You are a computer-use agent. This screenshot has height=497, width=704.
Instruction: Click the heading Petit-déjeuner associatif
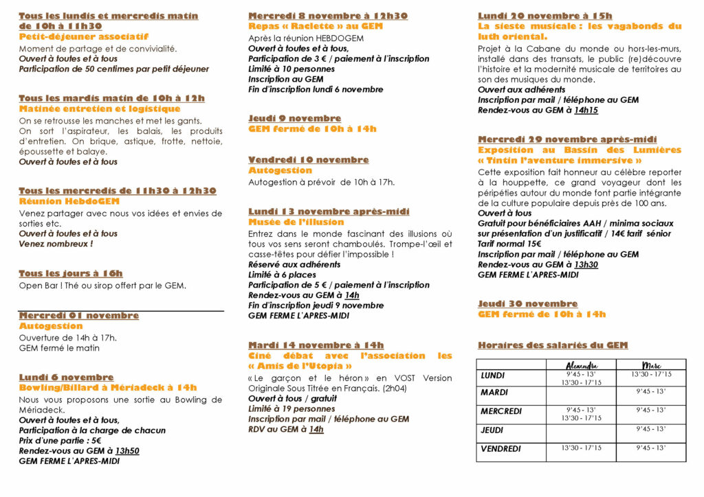click(83, 37)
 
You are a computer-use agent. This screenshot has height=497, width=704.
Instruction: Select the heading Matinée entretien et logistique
click(100, 109)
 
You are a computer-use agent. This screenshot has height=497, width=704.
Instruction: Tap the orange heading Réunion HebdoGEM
click(69, 202)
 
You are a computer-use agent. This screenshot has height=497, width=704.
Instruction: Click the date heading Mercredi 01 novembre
click(78, 316)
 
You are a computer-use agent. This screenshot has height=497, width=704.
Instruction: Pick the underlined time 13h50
click(127, 451)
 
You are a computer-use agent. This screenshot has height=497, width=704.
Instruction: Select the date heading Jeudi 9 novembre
click(294, 119)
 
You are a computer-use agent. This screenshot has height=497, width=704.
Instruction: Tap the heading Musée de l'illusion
click(296, 222)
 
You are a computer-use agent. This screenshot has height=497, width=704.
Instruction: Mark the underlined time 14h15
click(586, 111)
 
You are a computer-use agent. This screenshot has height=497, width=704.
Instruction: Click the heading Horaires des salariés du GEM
click(553, 345)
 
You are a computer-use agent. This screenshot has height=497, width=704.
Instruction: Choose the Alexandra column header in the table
click(582, 365)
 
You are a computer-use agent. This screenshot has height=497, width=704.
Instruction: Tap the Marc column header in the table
click(651, 365)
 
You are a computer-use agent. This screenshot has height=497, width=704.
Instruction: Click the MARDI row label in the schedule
click(495, 393)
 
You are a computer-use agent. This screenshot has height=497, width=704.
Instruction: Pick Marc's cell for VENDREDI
click(651, 448)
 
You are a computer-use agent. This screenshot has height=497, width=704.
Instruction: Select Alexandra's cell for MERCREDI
click(582, 414)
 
